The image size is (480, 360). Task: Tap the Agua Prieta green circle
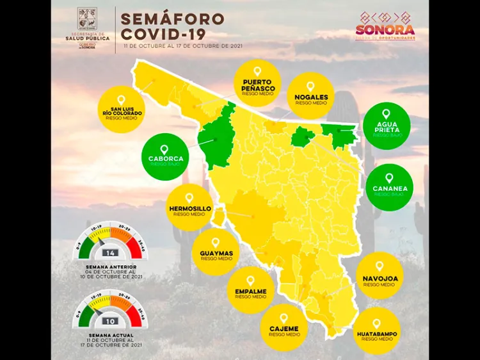click(x=387, y=126)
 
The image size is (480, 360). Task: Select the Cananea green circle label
click(x=389, y=187)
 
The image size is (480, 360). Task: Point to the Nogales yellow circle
click(x=310, y=95)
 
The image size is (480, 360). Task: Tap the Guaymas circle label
click(x=216, y=252)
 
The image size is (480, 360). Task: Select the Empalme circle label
click(x=250, y=290)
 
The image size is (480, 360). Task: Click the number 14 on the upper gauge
click(x=109, y=252)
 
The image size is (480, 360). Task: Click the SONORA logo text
click(x=386, y=29)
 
